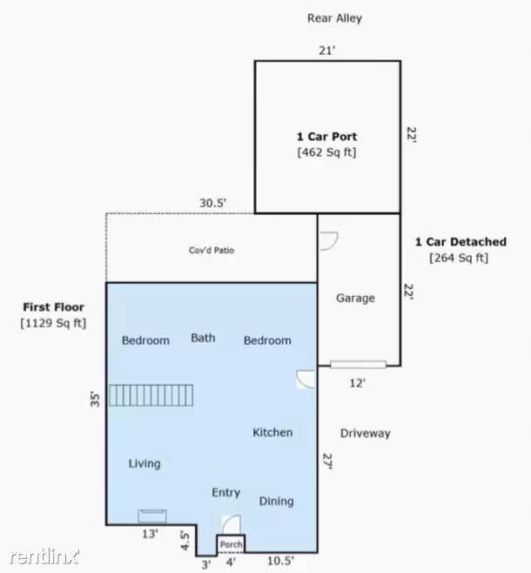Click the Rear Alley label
coord(334,18)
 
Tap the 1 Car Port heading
coord(326,137)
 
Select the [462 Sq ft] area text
coord(326,152)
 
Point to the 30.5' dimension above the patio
coord(213,203)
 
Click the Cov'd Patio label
coord(212,250)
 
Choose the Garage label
coord(355,298)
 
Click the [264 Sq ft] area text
coord(459,258)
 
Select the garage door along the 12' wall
coord(359,364)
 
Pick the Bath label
coord(203,338)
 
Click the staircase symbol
coord(151,395)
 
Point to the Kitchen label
coord(272,433)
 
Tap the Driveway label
coord(366,434)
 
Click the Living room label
coord(145,464)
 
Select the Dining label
coord(277,502)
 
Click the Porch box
coord(231,544)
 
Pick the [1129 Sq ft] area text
coord(53,323)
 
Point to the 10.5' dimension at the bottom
coord(280,561)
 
